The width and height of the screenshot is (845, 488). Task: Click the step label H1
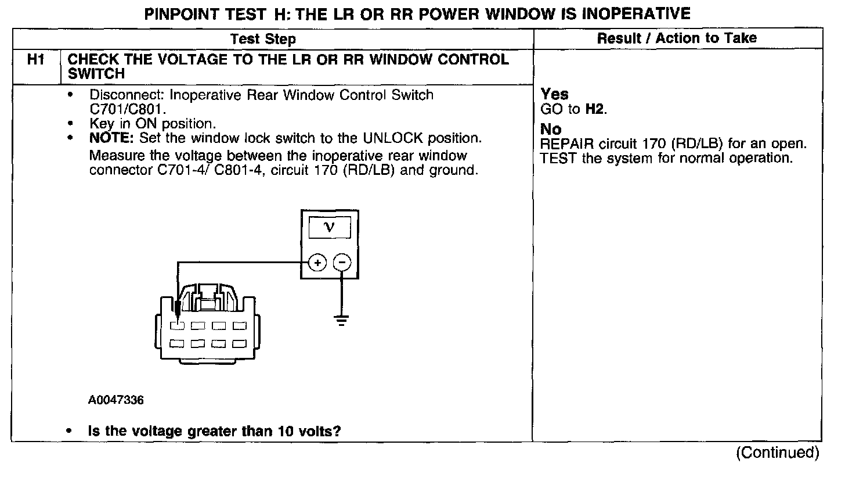tap(35, 60)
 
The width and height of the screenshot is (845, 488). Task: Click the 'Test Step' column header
tap(263, 40)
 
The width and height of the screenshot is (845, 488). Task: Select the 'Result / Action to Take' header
tap(677, 38)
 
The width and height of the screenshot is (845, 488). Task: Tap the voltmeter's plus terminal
tap(317, 263)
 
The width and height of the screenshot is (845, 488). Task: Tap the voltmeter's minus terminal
tap(342, 263)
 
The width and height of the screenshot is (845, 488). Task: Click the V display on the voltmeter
tap(329, 227)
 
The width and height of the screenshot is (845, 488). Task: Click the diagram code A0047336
tap(116, 400)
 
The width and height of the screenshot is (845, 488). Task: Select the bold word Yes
tap(554, 94)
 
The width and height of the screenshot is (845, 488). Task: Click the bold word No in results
tap(551, 130)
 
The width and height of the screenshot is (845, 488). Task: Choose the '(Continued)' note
tap(777, 453)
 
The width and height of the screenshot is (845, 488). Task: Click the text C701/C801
tap(128, 109)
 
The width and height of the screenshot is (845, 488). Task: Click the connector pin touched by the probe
tap(178, 325)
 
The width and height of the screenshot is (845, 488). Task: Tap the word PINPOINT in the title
tap(179, 13)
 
